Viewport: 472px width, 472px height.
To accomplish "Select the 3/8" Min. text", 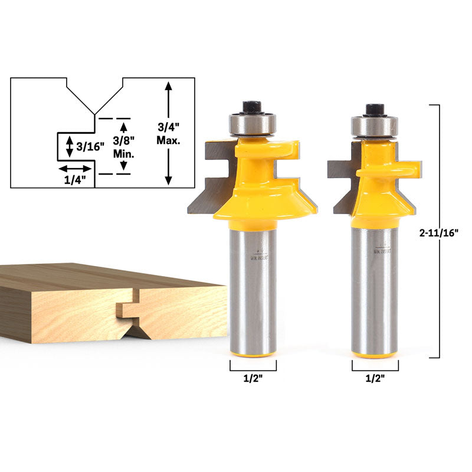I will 123,147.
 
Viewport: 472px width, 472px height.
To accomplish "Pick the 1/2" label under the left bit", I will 253,378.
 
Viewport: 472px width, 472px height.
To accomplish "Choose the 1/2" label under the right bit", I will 375,378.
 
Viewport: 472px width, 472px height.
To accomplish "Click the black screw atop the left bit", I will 253,108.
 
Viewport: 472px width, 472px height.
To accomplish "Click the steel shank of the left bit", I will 253,283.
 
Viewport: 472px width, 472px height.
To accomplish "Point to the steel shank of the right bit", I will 375,283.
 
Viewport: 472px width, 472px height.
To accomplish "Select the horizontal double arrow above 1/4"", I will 75,169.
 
